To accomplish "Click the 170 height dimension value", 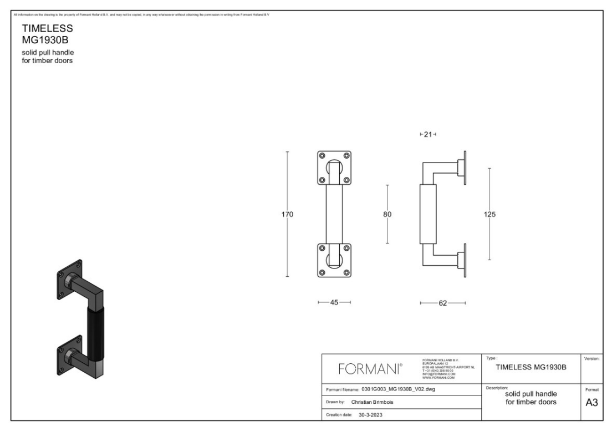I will (x=288, y=215).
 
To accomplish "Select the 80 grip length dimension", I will (x=387, y=215).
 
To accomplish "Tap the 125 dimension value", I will (x=489, y=215).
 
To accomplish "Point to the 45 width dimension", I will (x=334, y=303).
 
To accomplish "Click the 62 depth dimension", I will (x=442, y=303).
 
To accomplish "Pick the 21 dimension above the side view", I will (x=427, y=134).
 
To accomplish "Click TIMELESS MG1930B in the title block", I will (x=531, y=367).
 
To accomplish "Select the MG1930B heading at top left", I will (x=44, y=40).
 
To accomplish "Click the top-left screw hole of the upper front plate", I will (x=322, y=156).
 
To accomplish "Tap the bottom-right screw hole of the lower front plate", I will (x=347, y=272).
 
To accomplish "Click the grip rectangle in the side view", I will (x=426, y=215).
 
